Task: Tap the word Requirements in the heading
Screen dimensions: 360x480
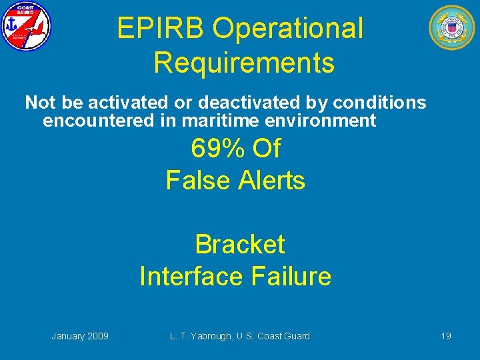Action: [x=243, y=63]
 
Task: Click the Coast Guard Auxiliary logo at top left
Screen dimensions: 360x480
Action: [x=25, y=27]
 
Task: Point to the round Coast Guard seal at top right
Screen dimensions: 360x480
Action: [x=451, y=27]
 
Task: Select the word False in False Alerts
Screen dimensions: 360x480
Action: [x=193, y=181]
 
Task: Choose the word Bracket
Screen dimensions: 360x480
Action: [x=239, y=245]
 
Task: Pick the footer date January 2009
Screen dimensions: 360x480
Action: [x=80, y=336]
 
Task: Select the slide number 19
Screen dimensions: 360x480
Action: [x=445, y=336]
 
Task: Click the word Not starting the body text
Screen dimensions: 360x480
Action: [x=38, y=103]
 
